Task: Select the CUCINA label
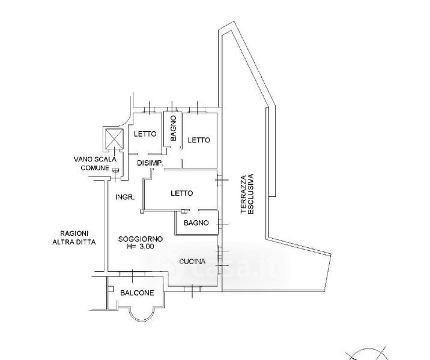pos(193,262)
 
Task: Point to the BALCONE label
pos(137,293)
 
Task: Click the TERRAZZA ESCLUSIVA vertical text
pos(247,194)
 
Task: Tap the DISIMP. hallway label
pos(151,163)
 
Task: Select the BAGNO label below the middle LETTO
pos(196,223)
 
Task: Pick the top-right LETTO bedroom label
pos(199,140)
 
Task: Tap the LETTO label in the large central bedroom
pos(181,193)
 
